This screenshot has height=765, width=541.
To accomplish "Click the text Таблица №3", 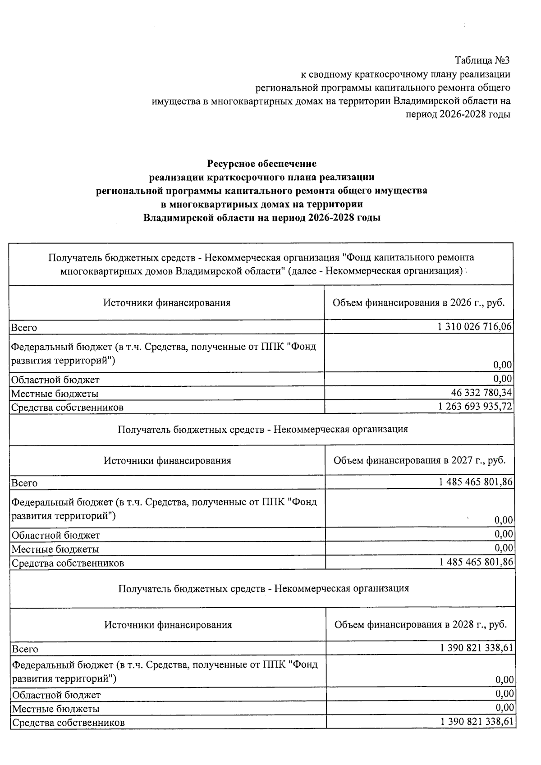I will click(x=482, y=60).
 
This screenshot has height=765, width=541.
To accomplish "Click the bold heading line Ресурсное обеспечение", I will click(x=261, y=163).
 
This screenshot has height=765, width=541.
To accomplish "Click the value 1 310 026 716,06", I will click(x=475, y=327).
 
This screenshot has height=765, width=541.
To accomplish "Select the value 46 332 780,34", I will click(x=481, y=393).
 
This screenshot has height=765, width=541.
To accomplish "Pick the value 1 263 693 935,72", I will click(x=475, y=407).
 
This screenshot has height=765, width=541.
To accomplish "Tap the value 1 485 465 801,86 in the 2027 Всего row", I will click(x=476, y=482).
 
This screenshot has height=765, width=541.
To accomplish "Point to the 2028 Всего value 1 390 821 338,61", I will click(x=477, y=648).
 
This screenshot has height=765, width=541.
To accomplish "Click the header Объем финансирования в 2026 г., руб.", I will click(x=418, y=302).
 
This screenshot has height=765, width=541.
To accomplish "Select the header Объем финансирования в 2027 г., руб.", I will click(x=419, y=460).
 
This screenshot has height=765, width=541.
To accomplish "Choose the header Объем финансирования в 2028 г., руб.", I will click(x=421, y=625).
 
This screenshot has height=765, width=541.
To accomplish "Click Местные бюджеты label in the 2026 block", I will click(x=55, y=394).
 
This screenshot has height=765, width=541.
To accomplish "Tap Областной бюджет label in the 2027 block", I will click(x=56, y=535).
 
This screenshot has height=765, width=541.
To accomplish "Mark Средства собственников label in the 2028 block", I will click(x=68, y=723).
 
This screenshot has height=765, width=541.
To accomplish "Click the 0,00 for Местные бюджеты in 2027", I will click(x=504, y=548).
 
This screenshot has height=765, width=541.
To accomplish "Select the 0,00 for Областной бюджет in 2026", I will click(x=503, y=378).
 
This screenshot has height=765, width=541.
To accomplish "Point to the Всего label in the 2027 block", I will click(x=24, y=483).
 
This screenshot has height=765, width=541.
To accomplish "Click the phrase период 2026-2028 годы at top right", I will click(x=458, y=115).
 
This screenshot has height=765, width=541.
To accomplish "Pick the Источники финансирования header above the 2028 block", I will click(x=168, y=625).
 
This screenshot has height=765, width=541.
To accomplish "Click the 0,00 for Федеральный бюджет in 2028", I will click(x=504, y=679).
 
